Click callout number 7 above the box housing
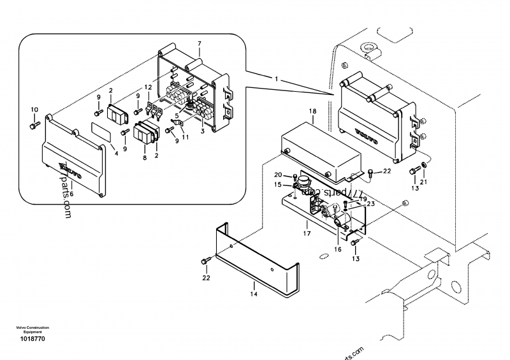[x=199, y=44]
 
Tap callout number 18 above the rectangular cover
[x=312, y=112]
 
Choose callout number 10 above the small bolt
[x=34, y=110]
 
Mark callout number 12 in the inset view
[x=148, y=87]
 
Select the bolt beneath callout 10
[x=33, y=125]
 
